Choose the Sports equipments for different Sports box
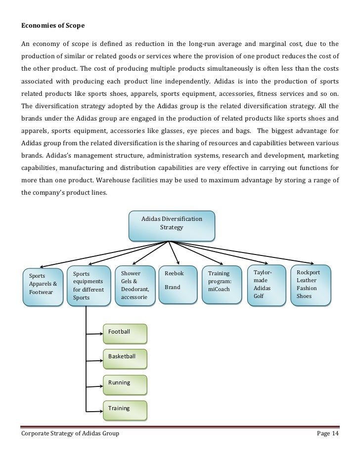point(89,285)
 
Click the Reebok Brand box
point(178,284)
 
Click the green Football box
point(125,332)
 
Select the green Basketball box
point(125,357)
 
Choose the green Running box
point(125,383)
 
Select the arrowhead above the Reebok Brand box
point(178,262)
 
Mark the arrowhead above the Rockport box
point(312,262)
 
